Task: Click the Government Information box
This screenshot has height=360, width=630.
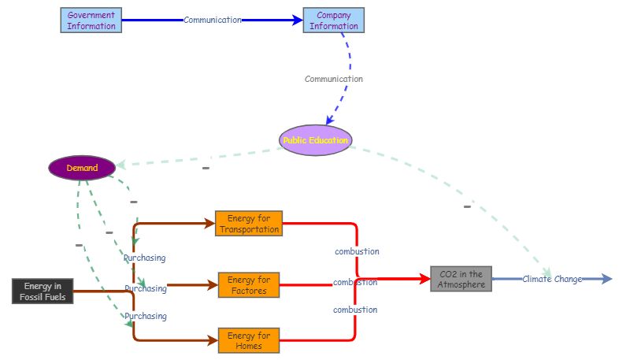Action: click(x=91, y=20)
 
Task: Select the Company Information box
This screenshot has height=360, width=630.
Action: click(x=334, y=20)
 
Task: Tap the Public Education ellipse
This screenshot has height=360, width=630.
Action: click(x=315, y=140)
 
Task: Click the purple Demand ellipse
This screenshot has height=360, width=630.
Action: click(x=82, y=168)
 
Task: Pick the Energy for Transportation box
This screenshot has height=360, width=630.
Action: click(x=248, y=224)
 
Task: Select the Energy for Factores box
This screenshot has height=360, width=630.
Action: click(x=249, y=285)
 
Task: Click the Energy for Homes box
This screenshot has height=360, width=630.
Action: click(x=249, y=341)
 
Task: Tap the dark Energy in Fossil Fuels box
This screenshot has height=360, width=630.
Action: click(x=43, y=291)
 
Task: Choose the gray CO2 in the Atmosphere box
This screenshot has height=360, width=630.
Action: click(x=461, y=279)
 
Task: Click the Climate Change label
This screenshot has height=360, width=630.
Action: click(x=552, y=279)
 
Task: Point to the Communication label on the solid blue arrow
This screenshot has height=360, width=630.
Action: click(x=213, y=20)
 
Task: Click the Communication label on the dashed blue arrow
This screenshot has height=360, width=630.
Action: click(x=334, y=79)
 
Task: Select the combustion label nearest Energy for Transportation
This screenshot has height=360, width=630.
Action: click(x=357, y=251)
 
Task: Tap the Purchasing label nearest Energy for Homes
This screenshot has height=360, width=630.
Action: click(x=146, y=316)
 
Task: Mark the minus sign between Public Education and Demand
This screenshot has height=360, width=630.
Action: click(x=206, y=168)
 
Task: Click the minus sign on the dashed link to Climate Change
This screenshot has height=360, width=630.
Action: click(x=467, y=207)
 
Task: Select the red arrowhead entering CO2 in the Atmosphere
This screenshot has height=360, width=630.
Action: click(x=423, y=279)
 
